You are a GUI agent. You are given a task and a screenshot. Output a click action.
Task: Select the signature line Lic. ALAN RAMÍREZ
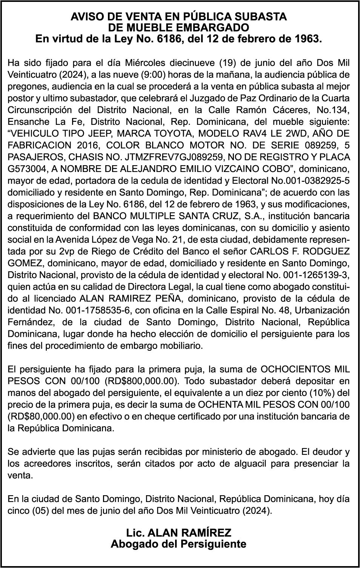point(178,533)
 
